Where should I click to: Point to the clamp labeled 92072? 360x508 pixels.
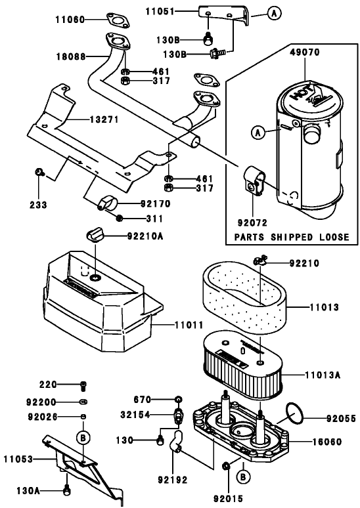253,180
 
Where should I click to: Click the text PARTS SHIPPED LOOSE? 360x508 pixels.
291,236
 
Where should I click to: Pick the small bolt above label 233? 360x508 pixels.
39,173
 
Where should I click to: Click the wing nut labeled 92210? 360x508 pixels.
259,263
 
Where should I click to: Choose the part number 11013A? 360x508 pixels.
323,375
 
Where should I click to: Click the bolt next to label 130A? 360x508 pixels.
66,489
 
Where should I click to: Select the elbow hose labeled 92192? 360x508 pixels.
176,440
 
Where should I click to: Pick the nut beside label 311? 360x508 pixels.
119,217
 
